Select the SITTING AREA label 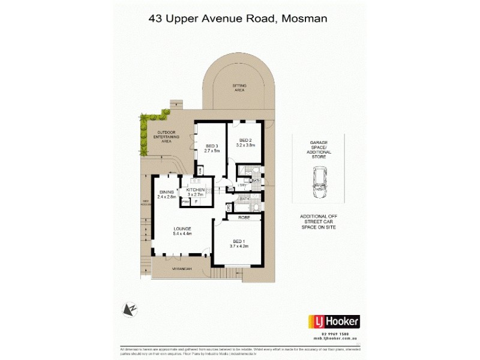tap(239, 88)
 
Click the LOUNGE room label tap(182, 229)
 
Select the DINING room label tap(166, 191)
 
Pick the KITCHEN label tap(196, 190)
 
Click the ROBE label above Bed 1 tap(244, 218)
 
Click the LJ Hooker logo tap(334, 322)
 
